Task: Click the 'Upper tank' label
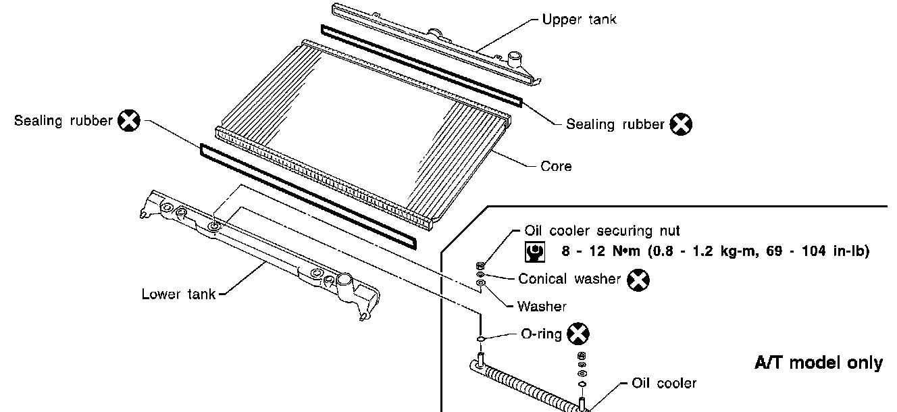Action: coord(579,20)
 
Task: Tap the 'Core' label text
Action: coord(556,166)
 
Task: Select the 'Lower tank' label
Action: coord(178,294)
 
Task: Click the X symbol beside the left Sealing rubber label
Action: coord(128,121)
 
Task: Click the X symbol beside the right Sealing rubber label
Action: coord(681,124)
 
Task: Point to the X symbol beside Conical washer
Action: coord(637,279)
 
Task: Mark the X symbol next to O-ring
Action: coord(578,333)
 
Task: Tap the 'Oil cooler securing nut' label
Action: coord(602,232)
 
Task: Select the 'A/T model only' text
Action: coord(818,363)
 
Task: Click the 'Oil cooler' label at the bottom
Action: coord(663,384)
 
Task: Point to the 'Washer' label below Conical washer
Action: coord(542,307)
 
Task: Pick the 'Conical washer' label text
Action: coord(569,279)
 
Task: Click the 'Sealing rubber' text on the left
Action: coord(63,122)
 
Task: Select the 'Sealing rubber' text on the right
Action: coord(615,124)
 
